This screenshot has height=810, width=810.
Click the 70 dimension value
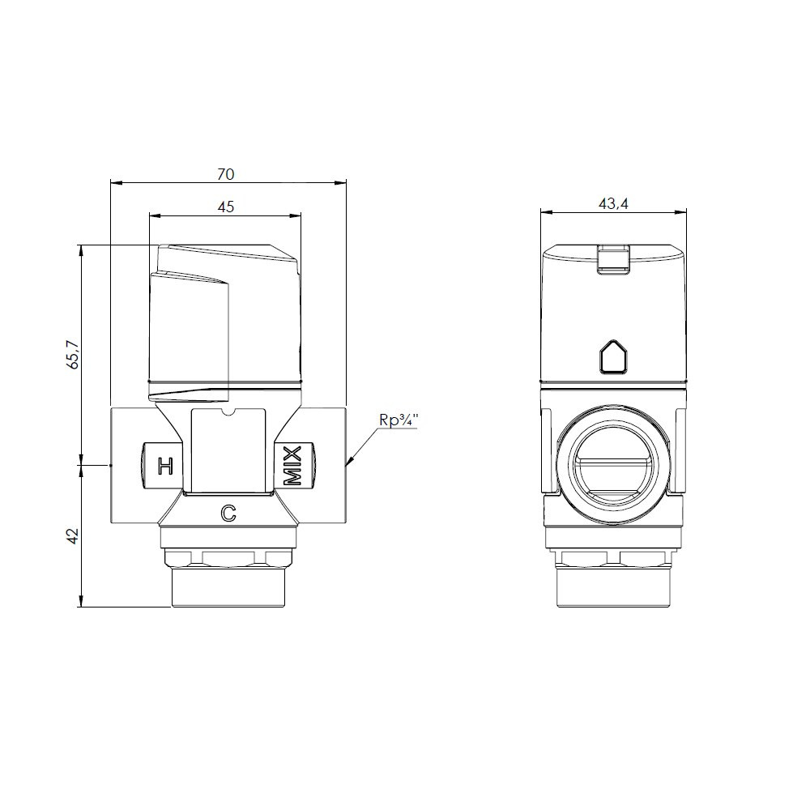[226, 174]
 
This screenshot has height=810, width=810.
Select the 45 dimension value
[226, 207]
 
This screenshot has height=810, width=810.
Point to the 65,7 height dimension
[74, 354]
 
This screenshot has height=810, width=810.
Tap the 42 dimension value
[74, 535]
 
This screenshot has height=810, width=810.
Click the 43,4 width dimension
[613, 204]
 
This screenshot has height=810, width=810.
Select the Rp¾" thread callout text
[399, 420]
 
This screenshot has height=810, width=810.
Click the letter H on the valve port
[165, 466]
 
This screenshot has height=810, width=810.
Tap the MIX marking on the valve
[292, 466]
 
